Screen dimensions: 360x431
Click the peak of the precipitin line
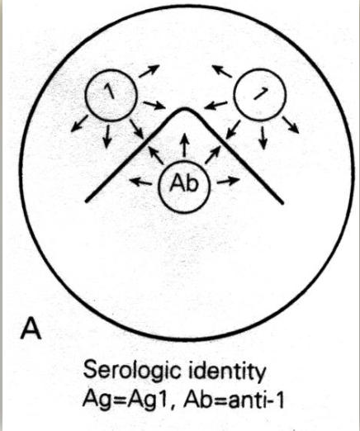tap(185, 109)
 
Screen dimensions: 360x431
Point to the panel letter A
tap(31, 329)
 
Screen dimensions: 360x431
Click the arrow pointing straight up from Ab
tap(184, 146)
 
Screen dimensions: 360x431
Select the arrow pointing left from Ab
tap(140, 182)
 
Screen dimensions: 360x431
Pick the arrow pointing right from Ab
tap(228, 181)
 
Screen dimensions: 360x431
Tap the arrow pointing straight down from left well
tap(107, 136)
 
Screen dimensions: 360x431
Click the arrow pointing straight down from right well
tap(263, 138)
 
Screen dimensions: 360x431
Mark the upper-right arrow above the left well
tap(149, 71)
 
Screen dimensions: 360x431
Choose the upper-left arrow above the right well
tap(222, 71)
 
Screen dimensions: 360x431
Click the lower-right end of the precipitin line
tap(282, 202)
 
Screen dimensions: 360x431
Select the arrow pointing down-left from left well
tap(79, 124)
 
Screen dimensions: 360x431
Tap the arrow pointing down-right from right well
tap(291, 126)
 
